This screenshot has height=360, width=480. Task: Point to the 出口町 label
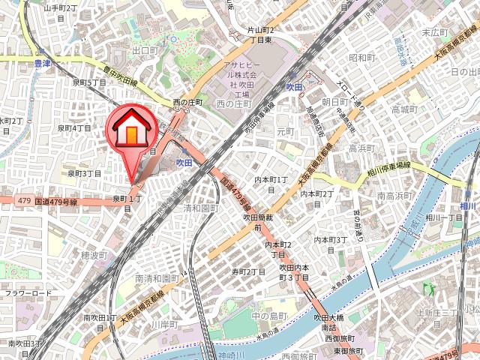pyautogui.click(x=143, y=51)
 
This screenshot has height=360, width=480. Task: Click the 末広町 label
pyautogui.click(x=435, y=32)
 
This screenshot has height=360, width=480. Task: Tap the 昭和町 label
pyautogui.click(x=362, y=58)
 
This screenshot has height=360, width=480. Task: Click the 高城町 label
pyautogui.click(x=403, y=109)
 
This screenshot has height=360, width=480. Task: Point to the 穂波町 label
pyautogui.click(x=95, y=256)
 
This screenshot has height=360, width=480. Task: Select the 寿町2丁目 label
pyautogui.click(x=249, y=271)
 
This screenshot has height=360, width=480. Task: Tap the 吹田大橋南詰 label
pyautogui.click(x=330, y=323)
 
